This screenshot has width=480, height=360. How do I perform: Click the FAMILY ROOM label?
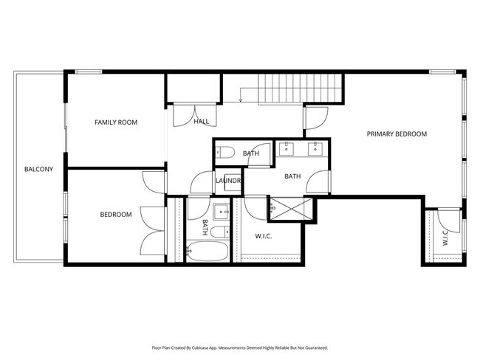[116, 122]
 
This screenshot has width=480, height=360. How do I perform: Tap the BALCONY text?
[38, 170]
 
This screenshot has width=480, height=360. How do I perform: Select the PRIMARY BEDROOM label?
[397, 134]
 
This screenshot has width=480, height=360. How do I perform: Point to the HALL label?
[201, 122]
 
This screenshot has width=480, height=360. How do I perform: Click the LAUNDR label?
[229, 181]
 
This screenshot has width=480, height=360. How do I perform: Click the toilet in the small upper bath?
[225, 153]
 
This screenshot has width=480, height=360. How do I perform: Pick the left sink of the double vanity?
[288, 148]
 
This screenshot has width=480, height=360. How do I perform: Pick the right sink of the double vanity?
[315, 148]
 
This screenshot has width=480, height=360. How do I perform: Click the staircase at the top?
[300, 89]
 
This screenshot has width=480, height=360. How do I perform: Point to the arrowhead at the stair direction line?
[241, 101]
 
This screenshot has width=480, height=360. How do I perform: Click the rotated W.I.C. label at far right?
[445, 238]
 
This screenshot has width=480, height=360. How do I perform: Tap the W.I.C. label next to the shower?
[265, 236]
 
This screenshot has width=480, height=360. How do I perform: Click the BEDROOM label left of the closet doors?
[116, 215]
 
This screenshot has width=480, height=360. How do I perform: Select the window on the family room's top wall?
[89, 72]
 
